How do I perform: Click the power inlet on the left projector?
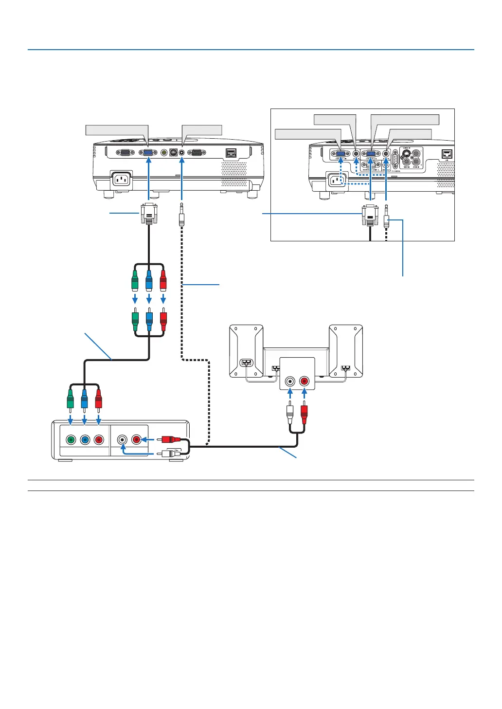point(121,179)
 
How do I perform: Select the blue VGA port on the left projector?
point(148,152)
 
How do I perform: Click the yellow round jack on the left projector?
point(164,152)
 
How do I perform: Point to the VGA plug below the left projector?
point(149,214)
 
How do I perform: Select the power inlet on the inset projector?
point(335,181)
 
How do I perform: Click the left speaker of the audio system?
point(246,351)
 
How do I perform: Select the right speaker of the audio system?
point(346,351)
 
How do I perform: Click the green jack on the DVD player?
point(71,440)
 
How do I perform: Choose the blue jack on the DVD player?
point(85,440)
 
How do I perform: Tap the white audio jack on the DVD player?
point(122,440)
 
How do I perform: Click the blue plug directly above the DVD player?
point(85,399)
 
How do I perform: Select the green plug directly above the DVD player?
point(71,399)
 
